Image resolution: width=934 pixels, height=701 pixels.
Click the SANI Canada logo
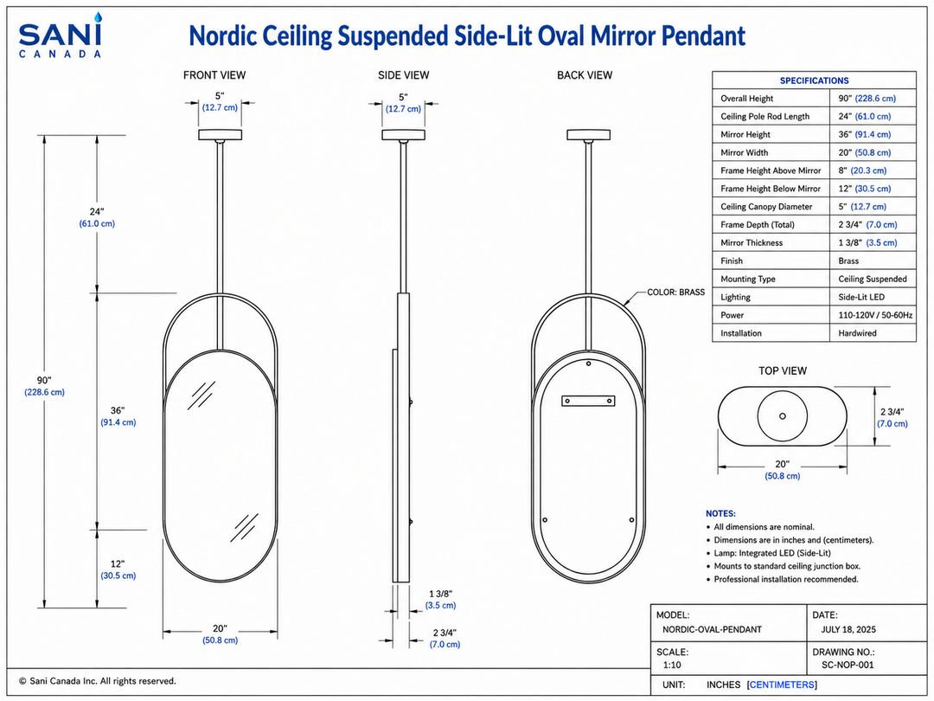tap(61, 35)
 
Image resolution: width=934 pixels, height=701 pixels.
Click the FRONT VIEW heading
tap(214, 75)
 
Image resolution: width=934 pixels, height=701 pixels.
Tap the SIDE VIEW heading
tap(403, 75)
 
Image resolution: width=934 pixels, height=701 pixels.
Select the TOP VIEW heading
tap(782, 370)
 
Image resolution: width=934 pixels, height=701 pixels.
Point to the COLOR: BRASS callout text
tap(675, 293)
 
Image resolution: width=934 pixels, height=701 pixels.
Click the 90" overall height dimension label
tap(45, 386)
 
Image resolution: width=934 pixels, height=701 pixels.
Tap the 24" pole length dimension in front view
tap(97, 217)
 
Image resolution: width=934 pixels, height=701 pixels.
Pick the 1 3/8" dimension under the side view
tap(441, 599)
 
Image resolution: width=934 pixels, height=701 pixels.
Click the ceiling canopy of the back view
tap(588, 135)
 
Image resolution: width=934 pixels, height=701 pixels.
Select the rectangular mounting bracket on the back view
tap(588, 401)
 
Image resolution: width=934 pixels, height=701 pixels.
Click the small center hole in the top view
tap(782, 416)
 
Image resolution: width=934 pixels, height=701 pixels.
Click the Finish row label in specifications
tap(732, 261)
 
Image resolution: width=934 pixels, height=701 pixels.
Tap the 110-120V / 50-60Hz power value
tap(875, 315)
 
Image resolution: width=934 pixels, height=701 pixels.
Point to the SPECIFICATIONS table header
tap(815, 80)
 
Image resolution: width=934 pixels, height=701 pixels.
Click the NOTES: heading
tap(720, 513)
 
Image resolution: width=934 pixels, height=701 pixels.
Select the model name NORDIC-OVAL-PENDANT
tap(712, 629)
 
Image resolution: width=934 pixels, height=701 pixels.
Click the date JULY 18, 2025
tap(848, 629)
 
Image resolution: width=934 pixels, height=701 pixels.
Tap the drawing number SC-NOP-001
tap(848, 665)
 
